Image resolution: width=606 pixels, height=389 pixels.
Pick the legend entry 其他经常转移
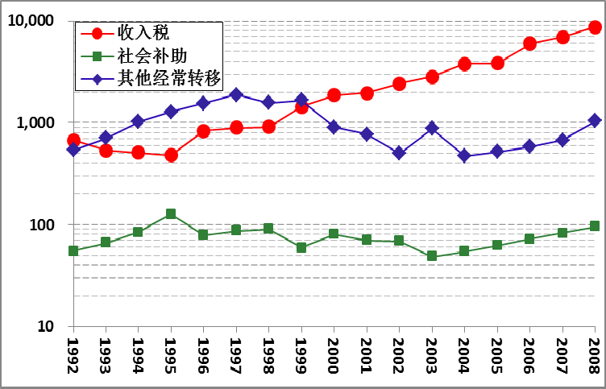point(168,79)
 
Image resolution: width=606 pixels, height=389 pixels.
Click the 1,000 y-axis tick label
point(35,122)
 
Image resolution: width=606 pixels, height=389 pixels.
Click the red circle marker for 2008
point(595,27)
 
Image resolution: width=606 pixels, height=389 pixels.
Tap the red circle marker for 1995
point(171,155)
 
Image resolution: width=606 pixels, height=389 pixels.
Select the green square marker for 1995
point(171,214)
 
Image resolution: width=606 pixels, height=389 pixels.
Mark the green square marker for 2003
point(432,256)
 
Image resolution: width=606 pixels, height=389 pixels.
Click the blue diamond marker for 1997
point(236,94)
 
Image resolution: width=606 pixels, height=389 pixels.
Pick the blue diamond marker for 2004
point(464,156)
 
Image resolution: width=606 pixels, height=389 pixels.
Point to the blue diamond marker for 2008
point(595,121)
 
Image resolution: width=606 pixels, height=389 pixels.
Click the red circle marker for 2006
point(529,43)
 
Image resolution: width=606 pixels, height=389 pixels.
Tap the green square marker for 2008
point(595,226)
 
